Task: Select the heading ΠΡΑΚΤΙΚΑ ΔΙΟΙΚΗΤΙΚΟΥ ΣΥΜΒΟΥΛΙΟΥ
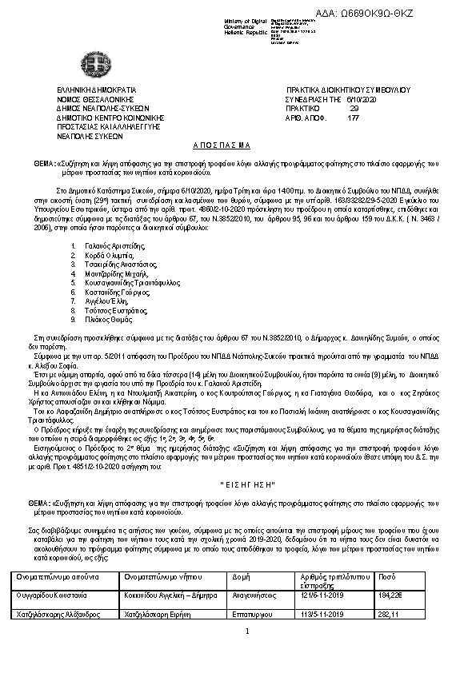point(347,90)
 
